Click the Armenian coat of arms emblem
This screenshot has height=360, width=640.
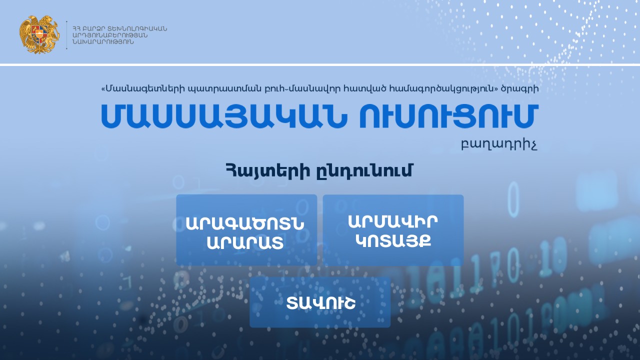pyautogui.click(x=39, y=34)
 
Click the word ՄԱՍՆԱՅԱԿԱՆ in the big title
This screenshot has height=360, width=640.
pyautogui.click(x=224, y=116)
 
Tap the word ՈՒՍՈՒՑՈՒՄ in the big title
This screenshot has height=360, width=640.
pyautogui.click(x=448, y=116)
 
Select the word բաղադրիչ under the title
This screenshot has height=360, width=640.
pyautogui.click(x=499, y=144)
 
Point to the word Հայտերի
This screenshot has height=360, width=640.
pyautogui.click(x=268, y=171)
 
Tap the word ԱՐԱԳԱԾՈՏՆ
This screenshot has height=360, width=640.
pyautogui.click(x=245, y=223)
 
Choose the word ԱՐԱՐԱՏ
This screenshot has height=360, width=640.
pyautogui.click(x=245, y=243)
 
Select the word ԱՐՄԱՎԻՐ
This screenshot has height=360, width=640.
pyautogui.click(x=393, y=221)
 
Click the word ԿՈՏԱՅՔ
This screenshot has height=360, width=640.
pyautogui.click(x=393, y=241)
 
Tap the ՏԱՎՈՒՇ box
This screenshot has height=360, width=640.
pyautogui.click(x=320, y=302)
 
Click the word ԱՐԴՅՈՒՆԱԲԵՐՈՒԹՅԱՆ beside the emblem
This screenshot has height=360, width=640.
pyautogui.click(x=110, y=35)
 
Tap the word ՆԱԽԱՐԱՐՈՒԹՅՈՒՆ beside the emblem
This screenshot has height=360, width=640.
pyautogui.click(x=103, y=42)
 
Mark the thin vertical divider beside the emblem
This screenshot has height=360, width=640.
pyautogui.click(x=66, y=35)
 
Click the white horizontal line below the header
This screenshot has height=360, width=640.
pyautogui.click(x=320, y=65)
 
